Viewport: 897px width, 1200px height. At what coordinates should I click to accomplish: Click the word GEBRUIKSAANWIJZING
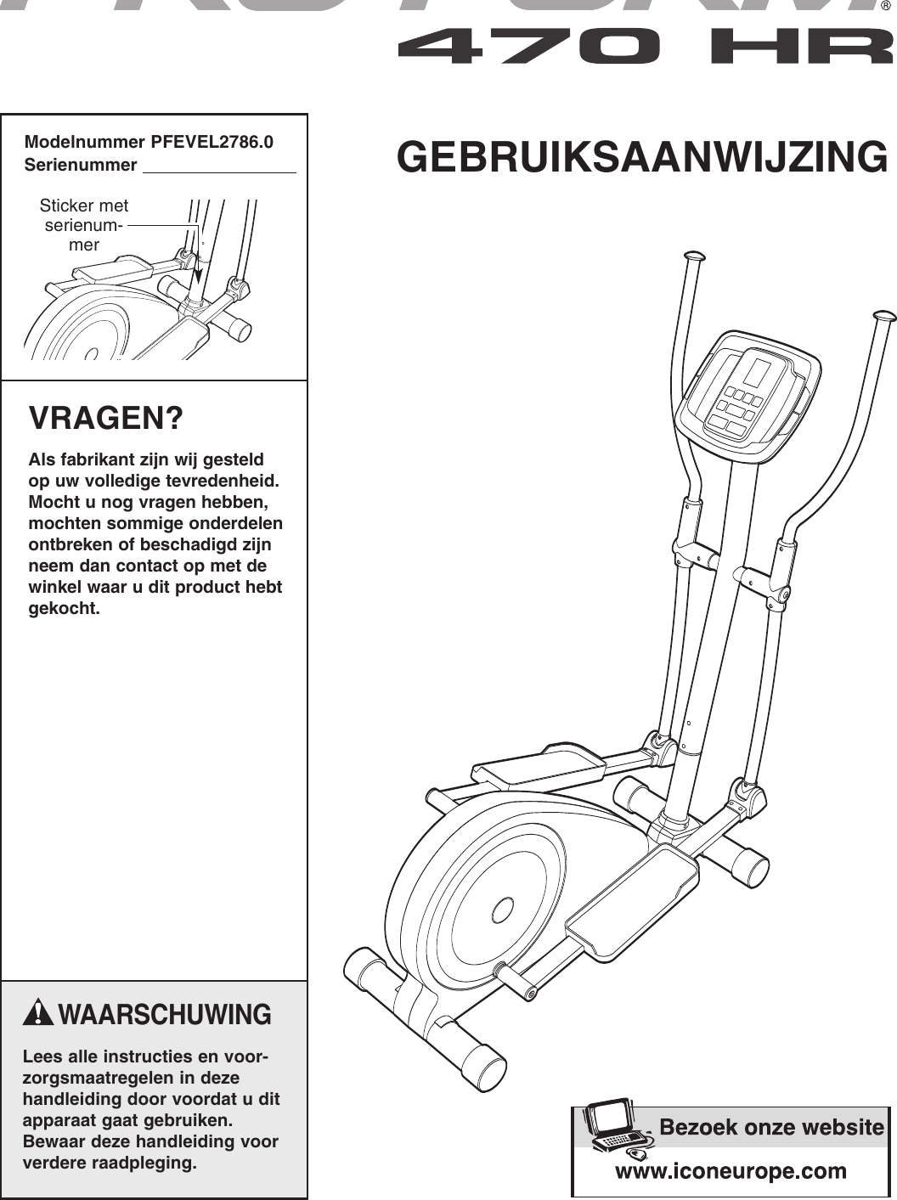(x=642, y=158)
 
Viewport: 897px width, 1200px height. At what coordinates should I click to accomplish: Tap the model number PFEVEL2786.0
(x=212, y=142)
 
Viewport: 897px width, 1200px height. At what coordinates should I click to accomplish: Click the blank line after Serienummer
(x=219, y=166)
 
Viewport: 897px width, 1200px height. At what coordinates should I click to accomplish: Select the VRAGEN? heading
(x=106, y=419)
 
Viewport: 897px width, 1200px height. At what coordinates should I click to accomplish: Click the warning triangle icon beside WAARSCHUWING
(x=39, y=1013)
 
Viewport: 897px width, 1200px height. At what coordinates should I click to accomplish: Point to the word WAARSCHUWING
(x=166, y=1015)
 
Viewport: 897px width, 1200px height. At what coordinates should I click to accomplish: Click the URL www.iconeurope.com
(x=731, y=1171)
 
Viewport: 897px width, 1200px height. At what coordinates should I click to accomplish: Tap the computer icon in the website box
(x=612, y=1127)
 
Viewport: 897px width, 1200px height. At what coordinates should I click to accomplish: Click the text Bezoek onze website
(x=771, y=1128)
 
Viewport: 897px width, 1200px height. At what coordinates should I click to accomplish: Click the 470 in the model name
(x=527, y=48)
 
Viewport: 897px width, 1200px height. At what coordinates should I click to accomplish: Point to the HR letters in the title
(x=803, y=48)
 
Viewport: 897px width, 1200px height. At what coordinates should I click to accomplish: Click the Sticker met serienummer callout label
(x=84, y=225)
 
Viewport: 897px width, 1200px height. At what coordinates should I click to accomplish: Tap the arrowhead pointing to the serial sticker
(x=198, y=276)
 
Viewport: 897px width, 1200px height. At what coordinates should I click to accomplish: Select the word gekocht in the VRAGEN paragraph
(x=65, y=608)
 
